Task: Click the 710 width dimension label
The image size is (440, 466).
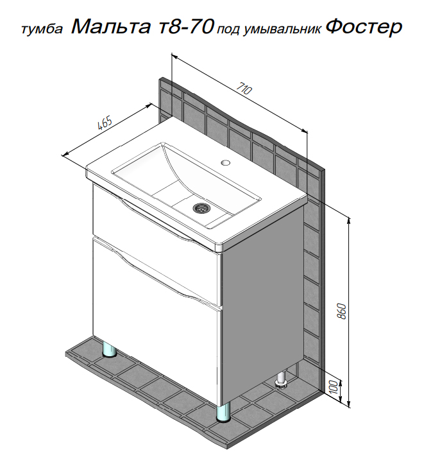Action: click(x=244, y=88)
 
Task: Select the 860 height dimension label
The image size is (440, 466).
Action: click(x=342, y=311)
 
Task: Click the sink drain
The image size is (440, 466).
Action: click(x=200, y=207)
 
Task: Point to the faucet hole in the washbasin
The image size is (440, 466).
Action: click(x=226, y=162)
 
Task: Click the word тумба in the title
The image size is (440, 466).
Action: click(x=42, y=30)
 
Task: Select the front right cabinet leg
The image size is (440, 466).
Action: click(x=224, y=412)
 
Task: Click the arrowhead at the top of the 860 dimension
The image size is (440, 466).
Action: click(x=349, y=221)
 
